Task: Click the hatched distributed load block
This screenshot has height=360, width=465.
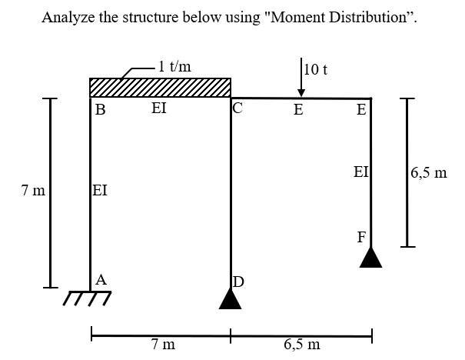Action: [160, 87]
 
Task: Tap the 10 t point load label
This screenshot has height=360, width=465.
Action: [317, 70]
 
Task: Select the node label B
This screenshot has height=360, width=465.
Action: [100, 109]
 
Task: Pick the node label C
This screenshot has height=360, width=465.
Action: [238, 108]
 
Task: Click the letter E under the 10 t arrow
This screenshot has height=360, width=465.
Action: [298, 109]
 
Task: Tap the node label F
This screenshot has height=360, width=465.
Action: [360, 235]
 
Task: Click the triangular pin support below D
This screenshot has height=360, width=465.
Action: [231, 298]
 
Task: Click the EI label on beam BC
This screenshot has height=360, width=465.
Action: [158, 109]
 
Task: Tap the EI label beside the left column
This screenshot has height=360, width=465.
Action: [99, 190]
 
